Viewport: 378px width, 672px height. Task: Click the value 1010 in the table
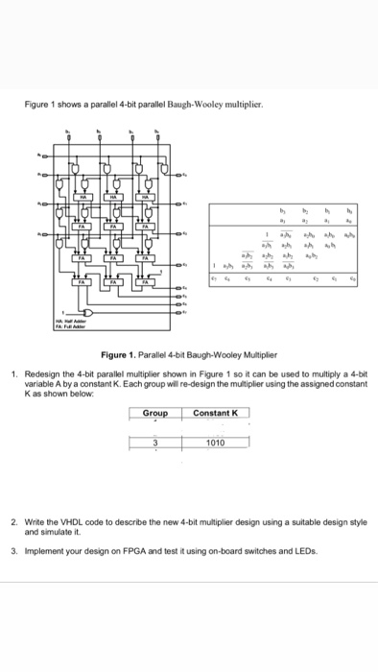point(215,444)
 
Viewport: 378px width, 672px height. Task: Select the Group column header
point(155,413)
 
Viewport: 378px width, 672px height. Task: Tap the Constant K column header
point(215,413)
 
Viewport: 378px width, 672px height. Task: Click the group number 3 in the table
point(155,444)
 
